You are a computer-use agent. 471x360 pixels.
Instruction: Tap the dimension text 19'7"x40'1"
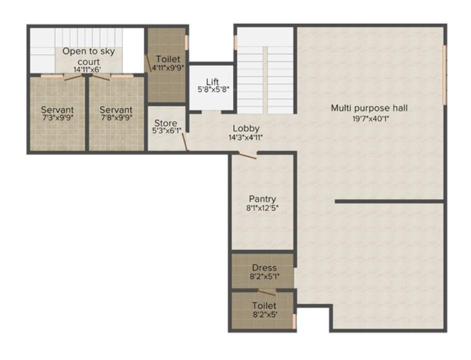pos(369,119)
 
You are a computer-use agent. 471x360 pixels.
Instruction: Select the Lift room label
pos(212,82)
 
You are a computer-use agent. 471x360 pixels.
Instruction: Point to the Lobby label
pos(246,129)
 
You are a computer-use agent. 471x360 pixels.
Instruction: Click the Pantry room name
pos(263,199)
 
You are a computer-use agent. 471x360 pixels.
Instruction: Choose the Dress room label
pos(264,268)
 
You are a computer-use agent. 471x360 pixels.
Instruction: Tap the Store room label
pos(165,123)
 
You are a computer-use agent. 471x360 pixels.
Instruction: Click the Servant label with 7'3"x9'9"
pos(57,110)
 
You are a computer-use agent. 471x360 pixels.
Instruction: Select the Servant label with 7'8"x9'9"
pos(116,110)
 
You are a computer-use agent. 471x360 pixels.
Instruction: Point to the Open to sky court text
pos(88,56)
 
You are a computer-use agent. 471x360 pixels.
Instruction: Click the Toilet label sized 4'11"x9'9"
pos(167,59)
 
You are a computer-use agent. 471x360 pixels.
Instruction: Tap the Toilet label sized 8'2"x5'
pos(264,305)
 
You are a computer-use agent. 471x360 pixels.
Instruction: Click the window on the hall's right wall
pos(444,75)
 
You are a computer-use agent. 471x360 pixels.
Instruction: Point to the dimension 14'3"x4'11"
pos(246,137)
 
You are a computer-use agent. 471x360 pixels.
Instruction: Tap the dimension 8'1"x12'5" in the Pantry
pos(263,208)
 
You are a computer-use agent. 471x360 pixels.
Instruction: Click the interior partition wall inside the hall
pos(389,202)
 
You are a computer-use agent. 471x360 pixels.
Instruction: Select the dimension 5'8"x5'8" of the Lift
pos(212,91)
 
